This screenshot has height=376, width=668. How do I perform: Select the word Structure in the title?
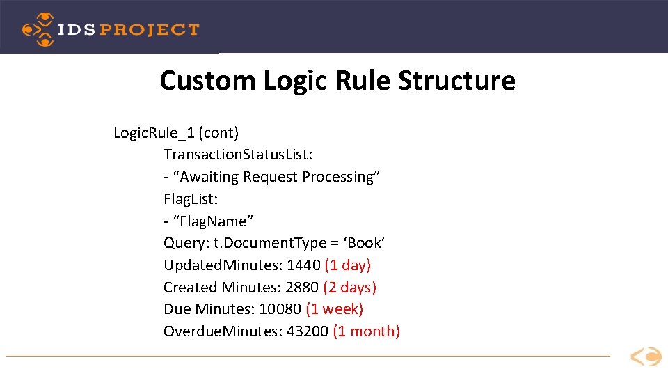(x=456, y=81)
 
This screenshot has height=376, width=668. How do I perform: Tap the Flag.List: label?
(x=191, y=199)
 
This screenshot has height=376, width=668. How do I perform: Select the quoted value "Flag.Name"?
(x=213, y=221)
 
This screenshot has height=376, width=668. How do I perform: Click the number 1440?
(x=303, y=265)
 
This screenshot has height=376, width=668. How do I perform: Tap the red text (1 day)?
(x=348, y=265)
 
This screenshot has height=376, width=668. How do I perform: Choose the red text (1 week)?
(x=335, y=309)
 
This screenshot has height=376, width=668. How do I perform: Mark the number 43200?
(x=308, y=331)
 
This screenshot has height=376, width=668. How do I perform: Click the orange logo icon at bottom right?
(x=646, y=357)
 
